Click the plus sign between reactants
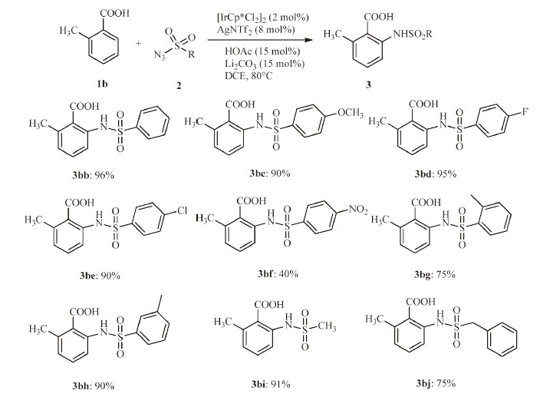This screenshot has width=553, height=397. [139, 44]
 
